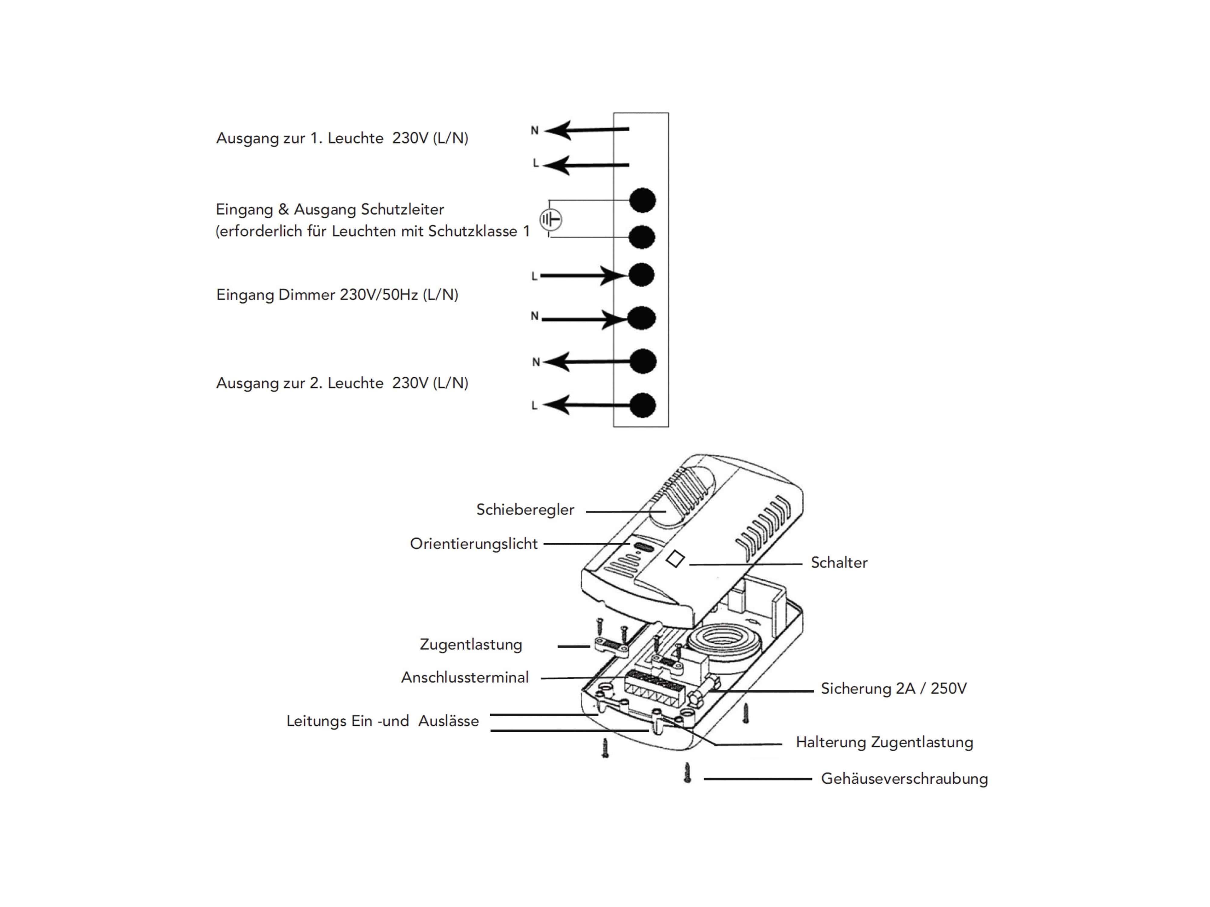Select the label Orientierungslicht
click(x=474, y=544)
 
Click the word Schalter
click(x=839, y=563)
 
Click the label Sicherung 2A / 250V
click(x=893, y=688)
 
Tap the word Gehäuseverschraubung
click(x=904, y=779)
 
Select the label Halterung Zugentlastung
click(x=884, y=743)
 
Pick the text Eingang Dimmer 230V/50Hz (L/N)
click(x=337, y=295)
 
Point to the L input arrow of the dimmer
click(x=583, y=275)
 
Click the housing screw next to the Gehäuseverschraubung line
click(x=688, y=773)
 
